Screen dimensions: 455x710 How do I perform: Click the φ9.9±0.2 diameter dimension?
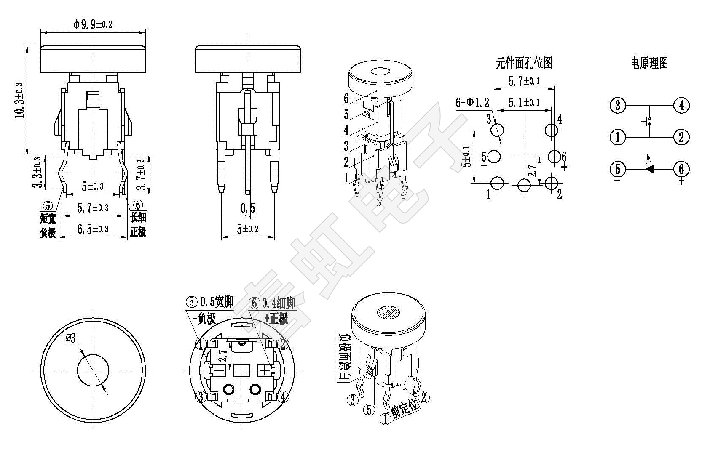click(93, 24)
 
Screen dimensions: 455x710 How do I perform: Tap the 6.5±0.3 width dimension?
click(93, 229)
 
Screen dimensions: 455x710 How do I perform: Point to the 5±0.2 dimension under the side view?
click(248, 229)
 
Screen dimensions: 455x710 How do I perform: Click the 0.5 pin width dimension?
click(248, 208)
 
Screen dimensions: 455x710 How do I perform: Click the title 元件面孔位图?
click(524, 63)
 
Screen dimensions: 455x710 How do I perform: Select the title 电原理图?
click(649, 63)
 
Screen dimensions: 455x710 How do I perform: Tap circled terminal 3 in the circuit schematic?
click(618, 105)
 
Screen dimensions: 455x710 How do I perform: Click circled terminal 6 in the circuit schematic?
click(681, 169)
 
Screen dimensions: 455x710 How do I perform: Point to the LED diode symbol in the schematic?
click(649, 169)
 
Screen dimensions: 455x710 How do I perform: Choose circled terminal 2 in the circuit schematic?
click(681, 137)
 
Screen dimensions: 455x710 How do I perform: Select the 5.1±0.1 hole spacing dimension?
click(524, 102)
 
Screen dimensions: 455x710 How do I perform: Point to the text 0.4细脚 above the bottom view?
click(278, 303)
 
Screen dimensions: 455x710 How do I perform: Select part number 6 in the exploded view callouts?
click(346, 98)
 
